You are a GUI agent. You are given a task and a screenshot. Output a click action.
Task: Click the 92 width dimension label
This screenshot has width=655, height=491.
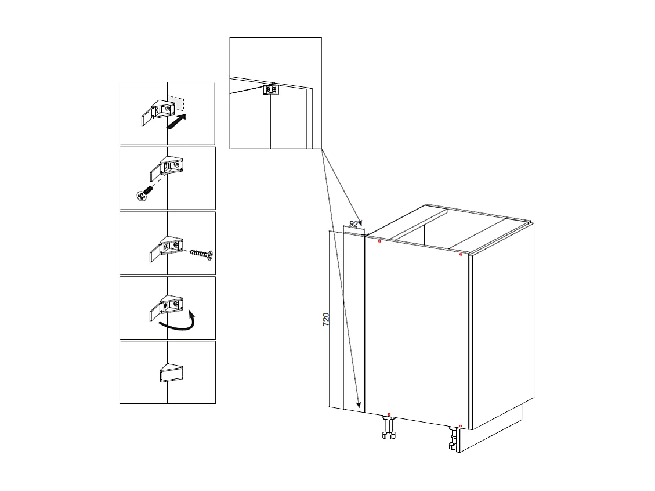click(x=354, y=224)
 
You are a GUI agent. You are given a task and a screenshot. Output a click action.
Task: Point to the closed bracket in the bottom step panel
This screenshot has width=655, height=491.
click(x=171, y=373)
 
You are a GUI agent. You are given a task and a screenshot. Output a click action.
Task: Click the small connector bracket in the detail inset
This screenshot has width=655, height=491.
click(x=272, y=89)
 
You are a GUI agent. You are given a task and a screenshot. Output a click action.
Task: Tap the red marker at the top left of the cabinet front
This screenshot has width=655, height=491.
click(x=379, y=240)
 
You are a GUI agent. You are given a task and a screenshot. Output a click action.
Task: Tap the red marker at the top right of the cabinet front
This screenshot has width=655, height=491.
click(x=461, y=254)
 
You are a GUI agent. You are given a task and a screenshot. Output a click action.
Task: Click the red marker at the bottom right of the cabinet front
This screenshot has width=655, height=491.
click(x=460, y=427)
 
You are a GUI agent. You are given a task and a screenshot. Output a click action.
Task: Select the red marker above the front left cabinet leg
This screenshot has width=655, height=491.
click(x=388, y=414)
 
